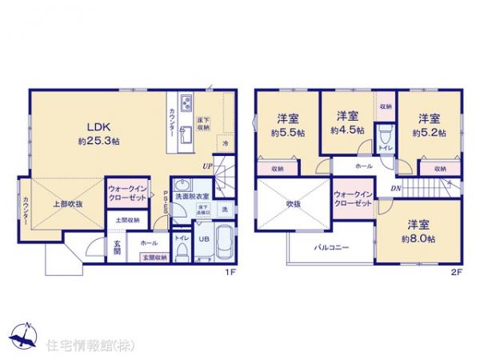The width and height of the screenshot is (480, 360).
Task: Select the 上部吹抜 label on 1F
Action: click(68, 204)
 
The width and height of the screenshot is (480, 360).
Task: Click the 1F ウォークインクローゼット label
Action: click(127, 192)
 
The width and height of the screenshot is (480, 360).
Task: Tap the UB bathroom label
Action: click(203, 238)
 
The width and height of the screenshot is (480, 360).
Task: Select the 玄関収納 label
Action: click(154, 257)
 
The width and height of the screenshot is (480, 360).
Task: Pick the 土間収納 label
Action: click(127, 219)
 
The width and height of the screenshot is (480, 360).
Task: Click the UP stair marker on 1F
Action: click(207, 166)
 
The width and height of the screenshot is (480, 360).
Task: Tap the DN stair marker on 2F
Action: click(395, 188)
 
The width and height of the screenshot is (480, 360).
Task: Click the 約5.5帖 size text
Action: click(286, 132)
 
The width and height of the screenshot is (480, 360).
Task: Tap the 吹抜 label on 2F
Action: click(295, 203)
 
